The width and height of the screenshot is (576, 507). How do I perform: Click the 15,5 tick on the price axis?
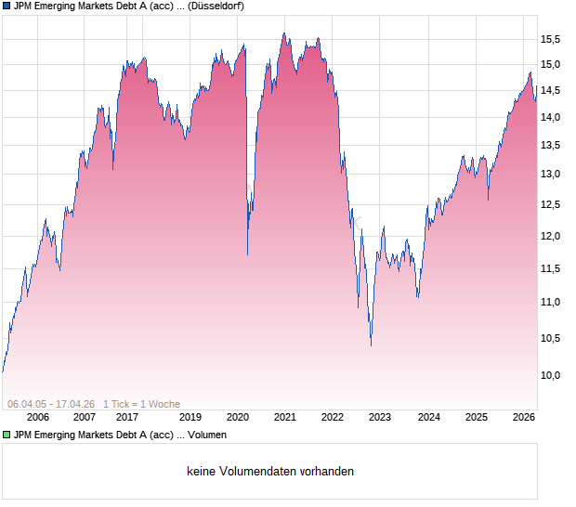coord(552,38)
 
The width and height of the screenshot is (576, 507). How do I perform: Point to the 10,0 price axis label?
coord(552,375)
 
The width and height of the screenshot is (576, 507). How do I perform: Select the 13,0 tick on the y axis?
coord(552,174)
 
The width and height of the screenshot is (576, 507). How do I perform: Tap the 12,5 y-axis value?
coord(552,204)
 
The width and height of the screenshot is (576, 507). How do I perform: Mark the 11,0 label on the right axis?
coord(552,302)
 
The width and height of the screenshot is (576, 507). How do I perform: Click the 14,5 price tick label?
coord(552,90)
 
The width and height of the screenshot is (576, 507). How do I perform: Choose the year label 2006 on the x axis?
coord(38,417)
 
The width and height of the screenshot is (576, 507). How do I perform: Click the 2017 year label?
coord(127,417)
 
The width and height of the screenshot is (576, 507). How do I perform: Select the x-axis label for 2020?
coord(238,417)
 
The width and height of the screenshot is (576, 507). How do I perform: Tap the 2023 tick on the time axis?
coord(380,417)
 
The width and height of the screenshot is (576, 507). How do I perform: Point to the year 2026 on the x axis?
coord(523,417)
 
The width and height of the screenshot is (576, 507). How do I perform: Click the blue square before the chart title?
coord(7,6)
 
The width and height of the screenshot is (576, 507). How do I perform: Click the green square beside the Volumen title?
coord(7,434)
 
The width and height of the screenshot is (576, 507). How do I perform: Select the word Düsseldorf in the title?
coord(216,6)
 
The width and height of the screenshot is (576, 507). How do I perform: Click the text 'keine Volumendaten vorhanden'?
coord(270,471)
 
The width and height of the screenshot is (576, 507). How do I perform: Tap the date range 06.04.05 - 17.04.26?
coord(51,404)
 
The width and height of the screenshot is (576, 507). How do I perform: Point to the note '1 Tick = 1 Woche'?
coord(141,404)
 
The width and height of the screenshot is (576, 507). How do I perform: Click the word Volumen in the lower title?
coord(204,434)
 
